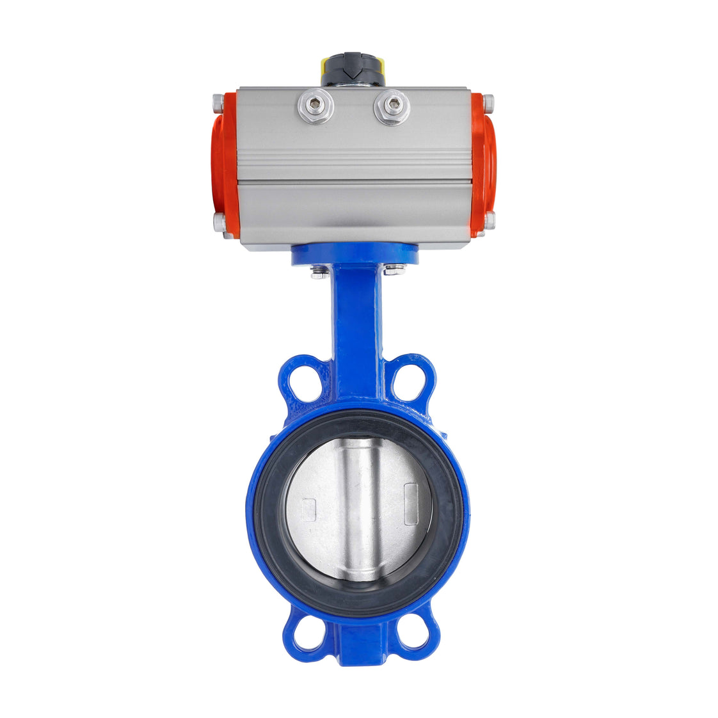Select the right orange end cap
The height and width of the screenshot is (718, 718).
point(483,164)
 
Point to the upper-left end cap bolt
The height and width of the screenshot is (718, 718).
point(218,102)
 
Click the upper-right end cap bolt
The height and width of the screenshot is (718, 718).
point(488,102)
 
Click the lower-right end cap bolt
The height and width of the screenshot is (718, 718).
point(489,221)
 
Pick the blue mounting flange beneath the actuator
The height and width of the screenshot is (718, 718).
point(355,255)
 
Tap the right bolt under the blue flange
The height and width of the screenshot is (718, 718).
point(394,271)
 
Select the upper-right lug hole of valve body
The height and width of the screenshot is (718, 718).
point(410,382)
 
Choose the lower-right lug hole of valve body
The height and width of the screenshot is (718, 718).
point(413,635)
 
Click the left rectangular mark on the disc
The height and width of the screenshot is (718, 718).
point(308,509)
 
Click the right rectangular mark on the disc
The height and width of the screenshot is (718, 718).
point(411,495)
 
